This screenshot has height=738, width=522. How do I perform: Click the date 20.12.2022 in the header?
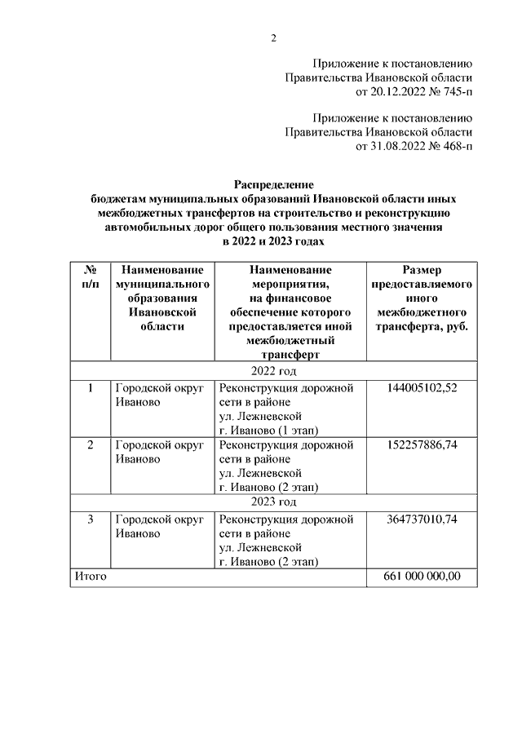[397, 92]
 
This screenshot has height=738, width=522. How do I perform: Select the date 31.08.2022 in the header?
[397, 147]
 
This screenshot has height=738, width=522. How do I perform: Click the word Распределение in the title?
[273, 186]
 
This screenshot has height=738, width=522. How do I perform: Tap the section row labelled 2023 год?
[273, 502]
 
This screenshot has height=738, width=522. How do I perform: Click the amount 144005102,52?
[422, 387]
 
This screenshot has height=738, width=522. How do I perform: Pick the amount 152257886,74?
[422, 445]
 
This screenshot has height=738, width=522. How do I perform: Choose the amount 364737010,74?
[422, 519]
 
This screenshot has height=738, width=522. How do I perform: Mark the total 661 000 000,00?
[422, 577]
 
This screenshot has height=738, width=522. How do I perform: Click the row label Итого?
[91, 577]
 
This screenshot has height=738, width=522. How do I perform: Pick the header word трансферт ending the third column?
[290, 355]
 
